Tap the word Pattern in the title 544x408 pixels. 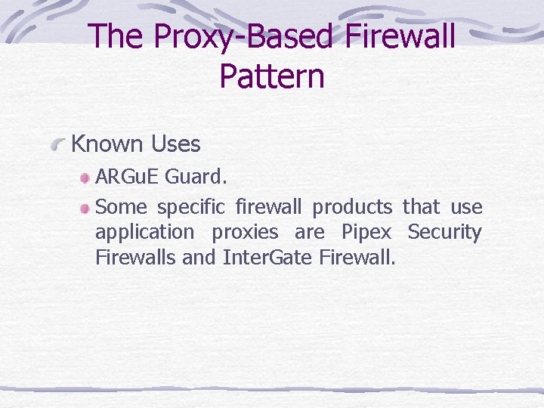272,76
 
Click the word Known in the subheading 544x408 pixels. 107,144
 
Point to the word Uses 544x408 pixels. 175,144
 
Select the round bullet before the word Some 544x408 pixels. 87,208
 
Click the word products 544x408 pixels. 352,207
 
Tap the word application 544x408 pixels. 144,233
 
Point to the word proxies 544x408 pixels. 245,233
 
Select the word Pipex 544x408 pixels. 366,233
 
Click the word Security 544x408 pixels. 444,232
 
